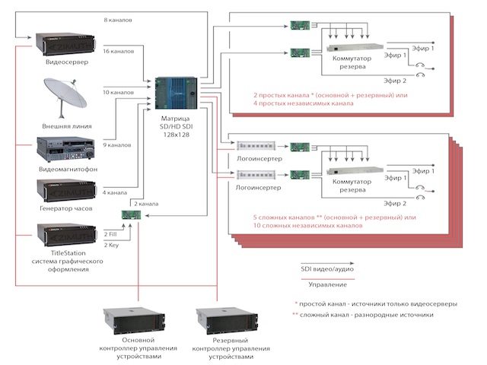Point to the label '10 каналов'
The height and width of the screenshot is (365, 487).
click(x=118, y=93)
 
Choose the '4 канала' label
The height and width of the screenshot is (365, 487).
click(x=115, y=192)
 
